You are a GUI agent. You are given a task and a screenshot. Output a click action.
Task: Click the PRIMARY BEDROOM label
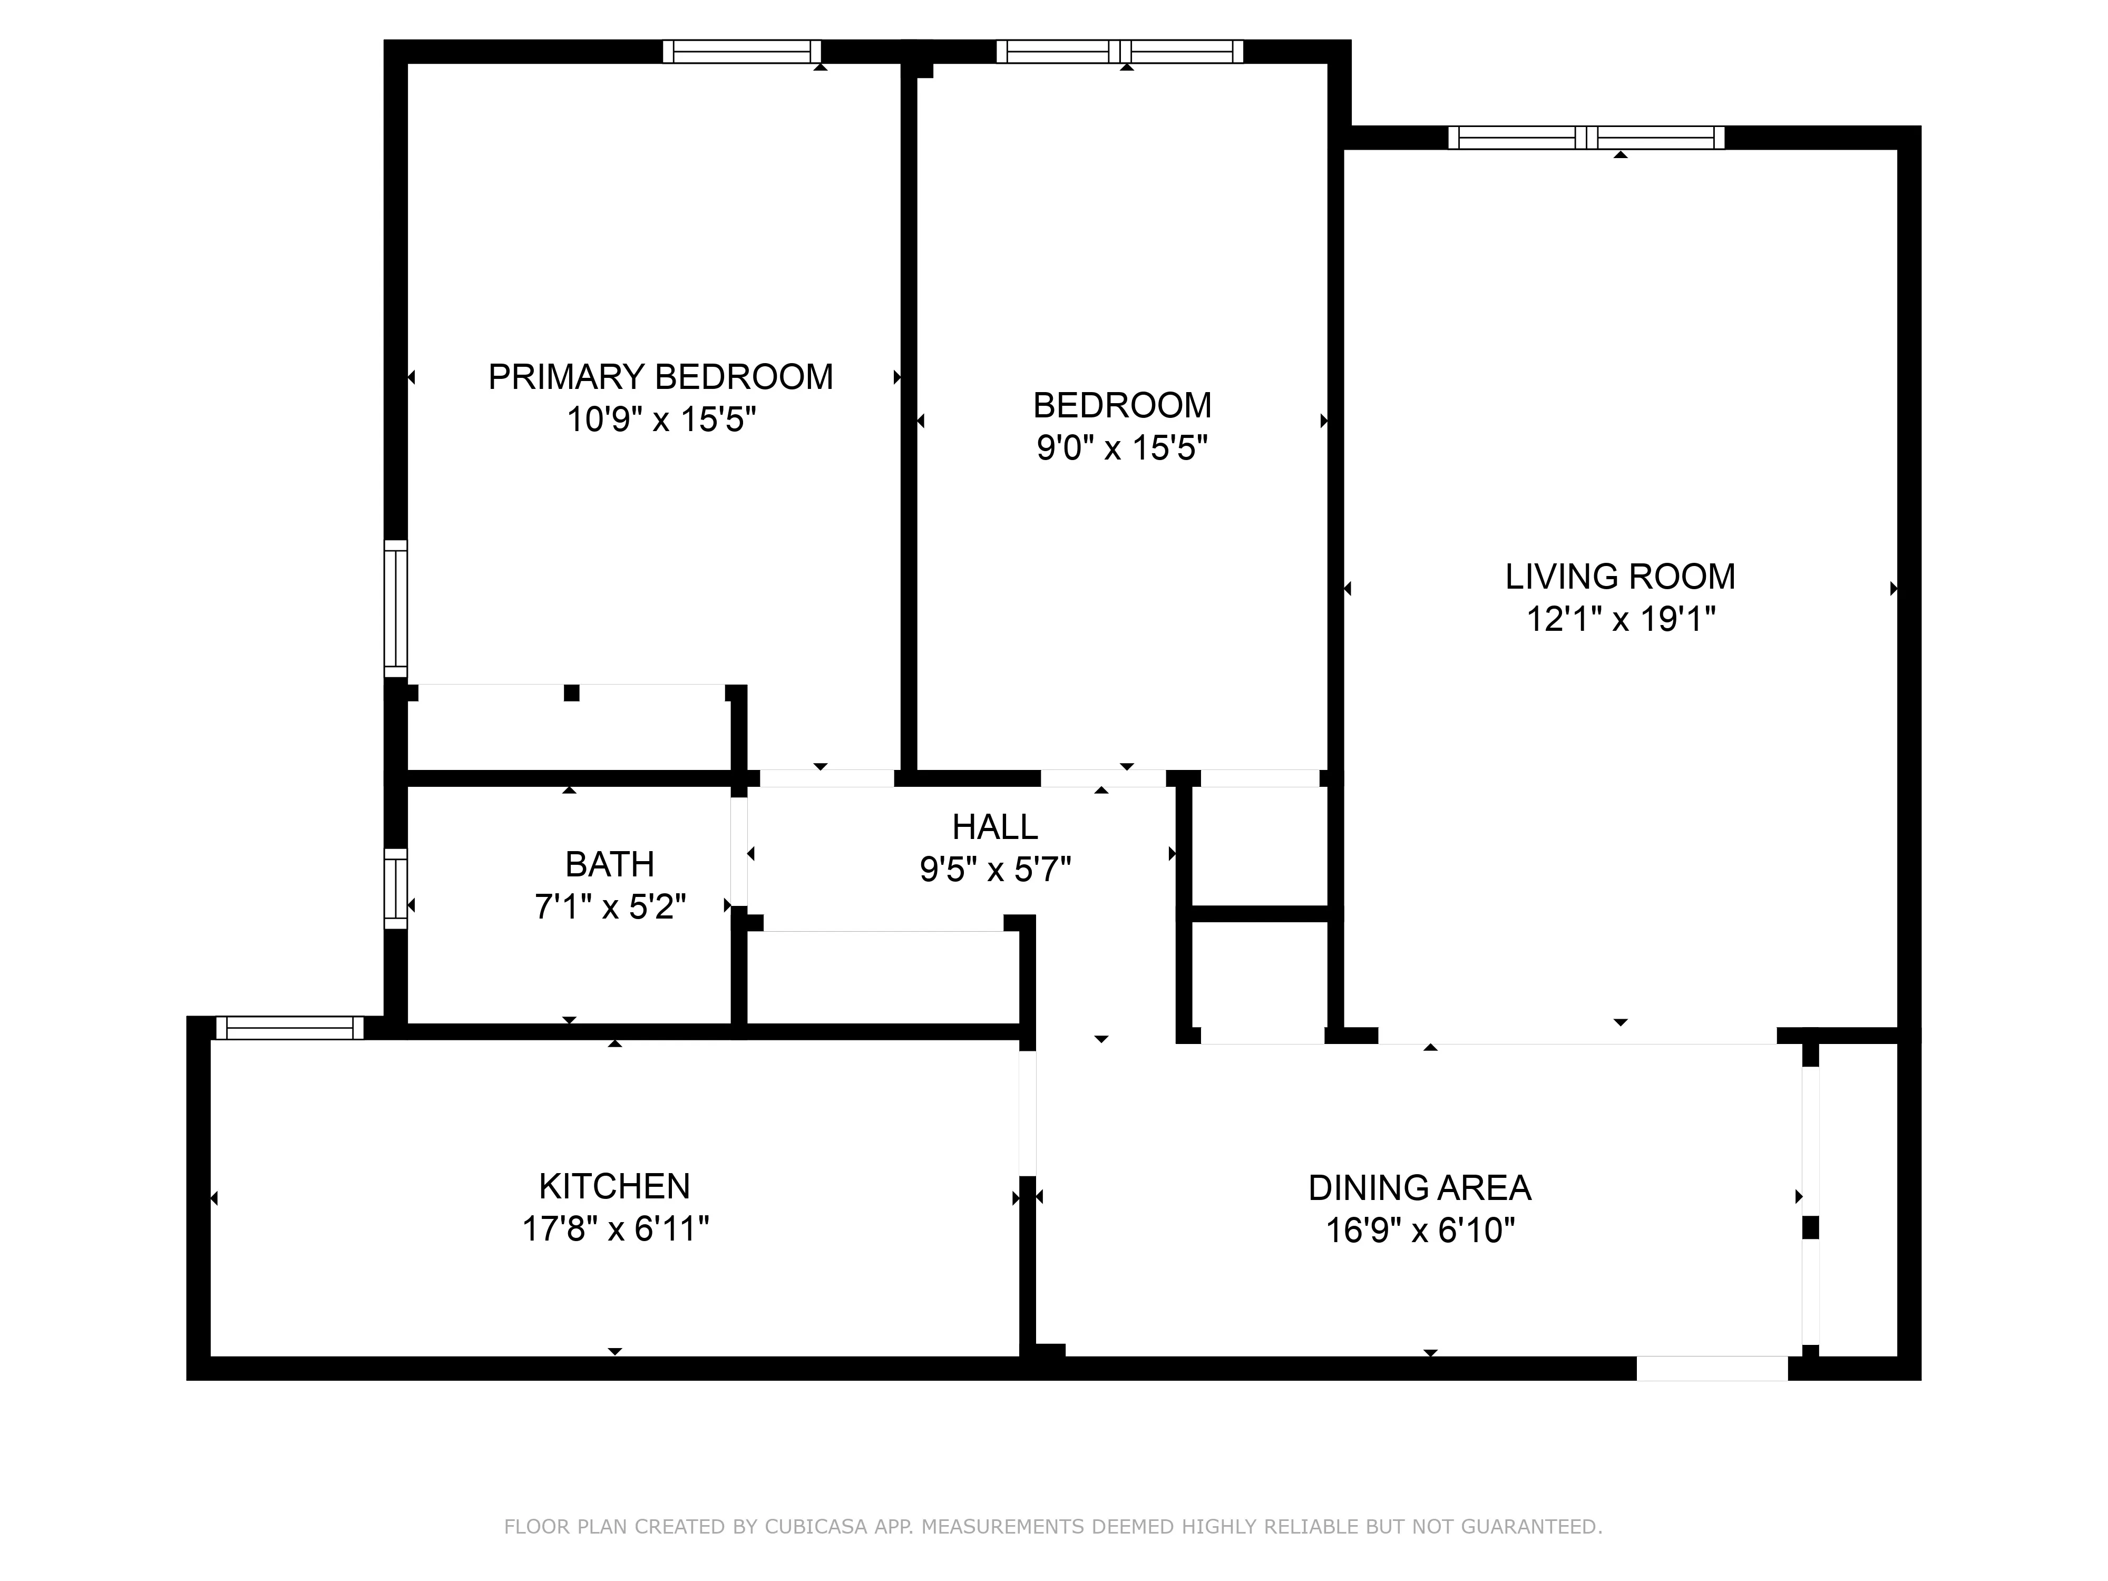(x=660, y=377)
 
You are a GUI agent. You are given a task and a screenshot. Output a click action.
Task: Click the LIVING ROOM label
(x=1620, y=577)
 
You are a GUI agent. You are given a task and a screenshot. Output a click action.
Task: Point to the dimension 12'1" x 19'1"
(x=1620, y=619)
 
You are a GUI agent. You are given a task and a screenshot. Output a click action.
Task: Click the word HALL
(x=995, y=827)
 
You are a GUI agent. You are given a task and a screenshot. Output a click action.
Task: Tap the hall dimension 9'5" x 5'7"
(x=995, y=869)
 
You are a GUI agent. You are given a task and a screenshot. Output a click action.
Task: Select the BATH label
(x=610, y=864)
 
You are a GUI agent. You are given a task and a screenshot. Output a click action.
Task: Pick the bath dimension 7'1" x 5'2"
(x=610, y=906)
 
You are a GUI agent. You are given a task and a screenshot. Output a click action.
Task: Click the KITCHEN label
(x=614, y=1186)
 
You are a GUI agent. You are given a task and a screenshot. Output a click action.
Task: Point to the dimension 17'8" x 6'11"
(x=614, y=1229)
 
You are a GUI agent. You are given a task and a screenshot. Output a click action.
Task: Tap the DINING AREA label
(x=1419, y=1188)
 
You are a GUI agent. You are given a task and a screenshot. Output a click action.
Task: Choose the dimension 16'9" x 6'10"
(x=1419, y=1231)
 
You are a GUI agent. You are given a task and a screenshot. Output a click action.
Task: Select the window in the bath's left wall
(x=395, y=888)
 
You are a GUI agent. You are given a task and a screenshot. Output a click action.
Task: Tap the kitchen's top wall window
(x=290, y=1027)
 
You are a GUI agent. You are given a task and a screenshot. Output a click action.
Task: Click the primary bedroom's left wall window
(x=395, y=608)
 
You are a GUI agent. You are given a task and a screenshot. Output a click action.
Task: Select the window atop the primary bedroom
(x=741, y=52)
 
